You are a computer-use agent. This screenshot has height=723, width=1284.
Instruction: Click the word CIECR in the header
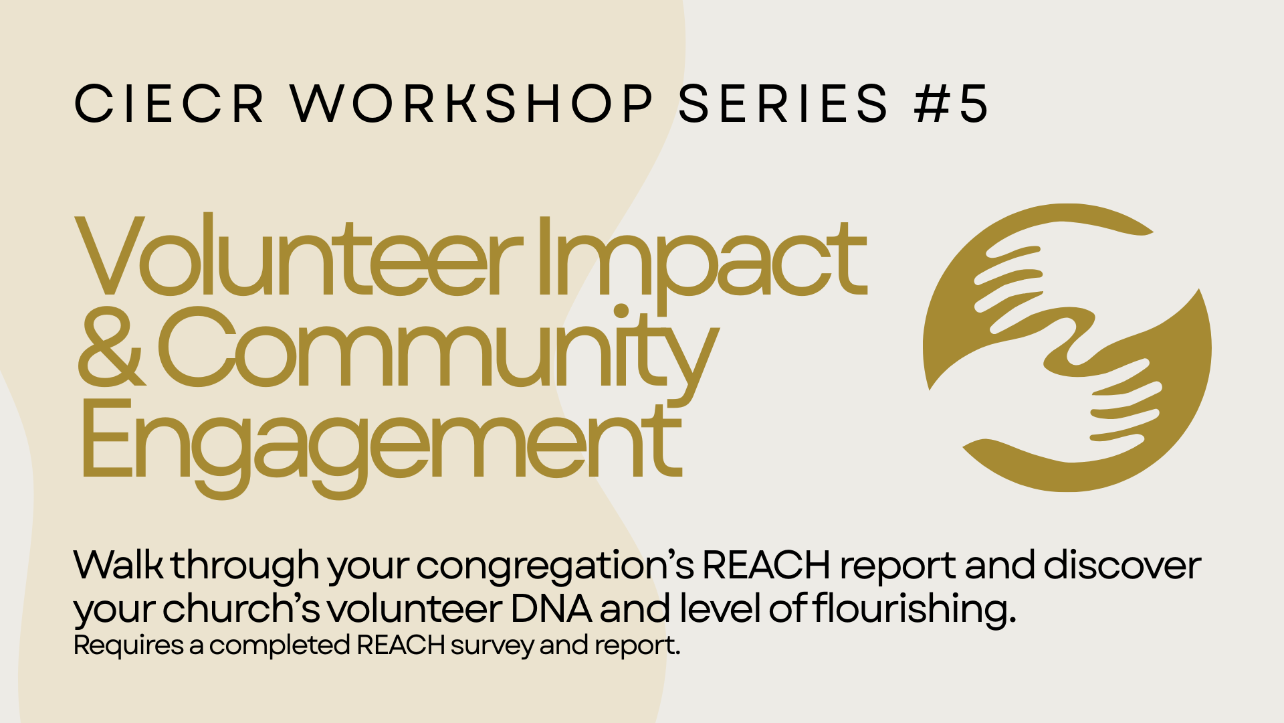[x=169, y=104]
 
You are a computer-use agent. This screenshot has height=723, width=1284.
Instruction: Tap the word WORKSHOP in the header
[x=472, y=104]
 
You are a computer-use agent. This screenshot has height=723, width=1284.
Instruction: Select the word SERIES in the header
[x=783, y=104]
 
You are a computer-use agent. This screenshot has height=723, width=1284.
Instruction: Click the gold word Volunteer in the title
[x=298, y=256]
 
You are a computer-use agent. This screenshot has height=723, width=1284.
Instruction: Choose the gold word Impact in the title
[x=702, y=264]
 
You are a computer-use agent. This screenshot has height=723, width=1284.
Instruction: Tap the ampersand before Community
[x=111, y=347]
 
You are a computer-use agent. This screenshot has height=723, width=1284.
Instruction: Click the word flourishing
[x=914, y=610]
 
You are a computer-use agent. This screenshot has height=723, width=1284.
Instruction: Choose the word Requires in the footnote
[x=128, y=645]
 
